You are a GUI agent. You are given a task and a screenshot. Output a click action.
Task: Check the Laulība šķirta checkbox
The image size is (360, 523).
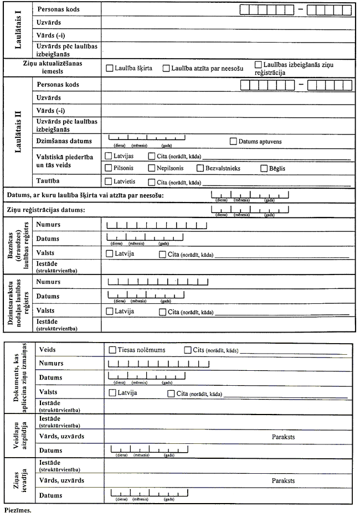109,69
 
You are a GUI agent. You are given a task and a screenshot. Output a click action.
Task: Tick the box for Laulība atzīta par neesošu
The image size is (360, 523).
166,69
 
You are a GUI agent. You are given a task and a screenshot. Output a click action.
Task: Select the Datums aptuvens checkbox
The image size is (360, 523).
233,141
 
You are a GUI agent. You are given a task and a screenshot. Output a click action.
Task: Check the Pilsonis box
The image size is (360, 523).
109,168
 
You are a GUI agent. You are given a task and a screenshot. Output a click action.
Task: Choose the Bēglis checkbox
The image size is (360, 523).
264,168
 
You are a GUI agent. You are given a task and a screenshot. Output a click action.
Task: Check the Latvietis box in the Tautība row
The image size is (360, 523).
109,182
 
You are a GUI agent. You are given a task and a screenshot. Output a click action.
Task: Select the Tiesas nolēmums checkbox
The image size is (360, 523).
112,350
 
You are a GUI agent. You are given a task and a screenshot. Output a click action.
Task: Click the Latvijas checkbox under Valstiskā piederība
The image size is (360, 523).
109,156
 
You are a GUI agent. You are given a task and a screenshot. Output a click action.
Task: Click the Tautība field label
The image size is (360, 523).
49,181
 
